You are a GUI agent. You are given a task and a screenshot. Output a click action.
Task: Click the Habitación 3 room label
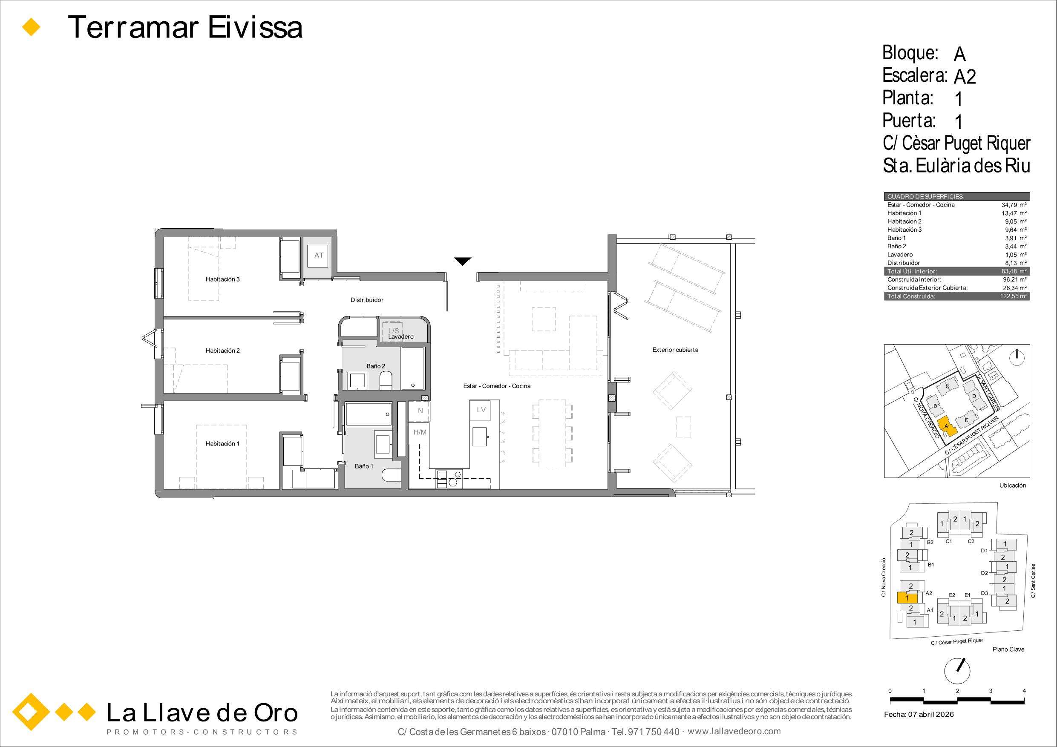coord(222,279)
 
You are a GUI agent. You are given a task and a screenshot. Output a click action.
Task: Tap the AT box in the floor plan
coord(319,255)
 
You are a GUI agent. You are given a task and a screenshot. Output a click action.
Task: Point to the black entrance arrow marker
coord(462,261)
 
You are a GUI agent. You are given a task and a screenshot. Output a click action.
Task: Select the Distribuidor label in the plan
coord(367,300)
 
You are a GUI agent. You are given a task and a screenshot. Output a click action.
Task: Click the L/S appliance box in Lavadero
coord(394,330)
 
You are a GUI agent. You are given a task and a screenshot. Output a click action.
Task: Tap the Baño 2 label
coord(376,366)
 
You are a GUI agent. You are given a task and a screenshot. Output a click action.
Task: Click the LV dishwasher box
coord(481,410)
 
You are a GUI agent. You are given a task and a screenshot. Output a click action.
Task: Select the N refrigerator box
coord(420,411)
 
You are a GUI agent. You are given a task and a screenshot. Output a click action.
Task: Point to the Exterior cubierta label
coord(675,350)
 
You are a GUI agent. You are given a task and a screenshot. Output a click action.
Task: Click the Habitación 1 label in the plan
coord(222,444)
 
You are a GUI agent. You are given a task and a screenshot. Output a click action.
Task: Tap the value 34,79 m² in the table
coord(1014,205)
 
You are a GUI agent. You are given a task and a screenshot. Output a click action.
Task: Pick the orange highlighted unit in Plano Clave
coord(907,598)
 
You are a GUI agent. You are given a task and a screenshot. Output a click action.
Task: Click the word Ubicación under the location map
coord(1013,486)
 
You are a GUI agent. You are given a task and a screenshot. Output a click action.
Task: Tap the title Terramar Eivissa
coord(185,28)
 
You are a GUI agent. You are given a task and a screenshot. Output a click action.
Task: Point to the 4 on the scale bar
coord(1024,691)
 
